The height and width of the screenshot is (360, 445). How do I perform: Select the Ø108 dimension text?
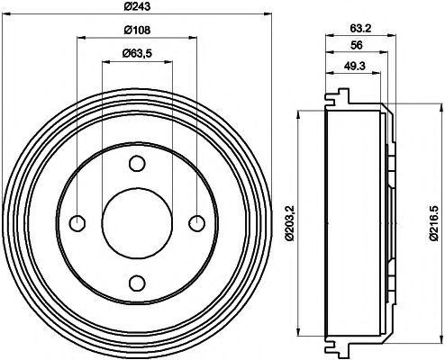[x=136, y=31]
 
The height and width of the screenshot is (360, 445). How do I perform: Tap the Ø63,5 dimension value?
[x=136, y=55]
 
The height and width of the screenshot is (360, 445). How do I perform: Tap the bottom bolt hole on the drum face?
[x=136, y=283]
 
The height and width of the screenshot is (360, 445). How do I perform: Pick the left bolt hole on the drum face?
[x=77, y=223]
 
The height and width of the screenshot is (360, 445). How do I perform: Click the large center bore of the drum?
[x=136, y=223]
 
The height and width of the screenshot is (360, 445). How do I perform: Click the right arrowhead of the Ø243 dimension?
[x=268, y=13]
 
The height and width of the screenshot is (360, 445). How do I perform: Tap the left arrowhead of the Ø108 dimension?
[x=81, y=38]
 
